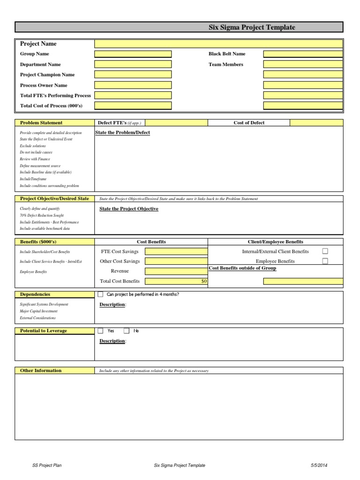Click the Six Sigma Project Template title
point(252,28)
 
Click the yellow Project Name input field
point(218,44)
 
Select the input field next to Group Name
point(133,54)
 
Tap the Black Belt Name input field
point(302,54)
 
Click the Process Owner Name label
point(44,85)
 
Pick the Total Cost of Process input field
point(133,105)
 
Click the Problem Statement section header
point(41,123)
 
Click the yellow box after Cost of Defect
point(316,123)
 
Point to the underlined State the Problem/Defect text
point(122,133)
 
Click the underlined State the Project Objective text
point(129,209)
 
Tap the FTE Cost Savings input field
point(176,252)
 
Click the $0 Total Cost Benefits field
point(176,281)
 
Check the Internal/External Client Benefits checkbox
point(325,251)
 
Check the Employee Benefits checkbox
point(325,261)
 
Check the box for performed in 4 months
point(100,294)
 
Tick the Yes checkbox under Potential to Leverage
point(100,330)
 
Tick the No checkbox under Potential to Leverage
point(127,330)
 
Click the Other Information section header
point(41,370)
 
